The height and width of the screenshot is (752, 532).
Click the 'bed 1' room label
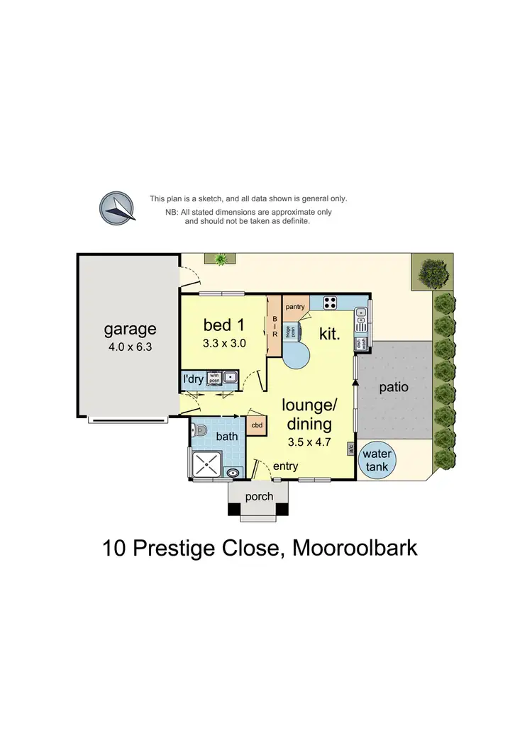click(x=223, y=325)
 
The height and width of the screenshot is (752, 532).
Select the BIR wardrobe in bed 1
click(x=274, y=326)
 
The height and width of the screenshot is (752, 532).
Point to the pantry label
click(x=294, y=307)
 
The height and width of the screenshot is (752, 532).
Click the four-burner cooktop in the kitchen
click(x=330, y=302)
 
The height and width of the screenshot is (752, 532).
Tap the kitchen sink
click(x=361, y=320)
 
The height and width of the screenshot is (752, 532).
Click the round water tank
click(x=377, y=460)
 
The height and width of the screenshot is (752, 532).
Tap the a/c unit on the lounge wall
click(x=350, y=449)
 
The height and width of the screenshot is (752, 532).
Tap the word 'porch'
click(x=259, y=497)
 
